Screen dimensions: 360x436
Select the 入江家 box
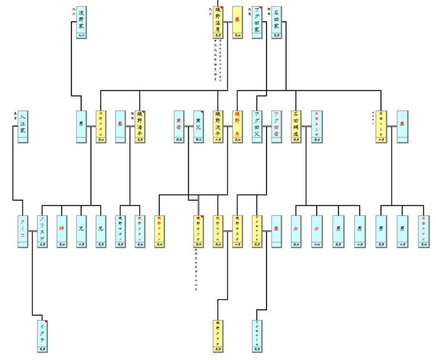(22, 126)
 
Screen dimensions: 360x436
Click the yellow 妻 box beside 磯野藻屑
(237, 23)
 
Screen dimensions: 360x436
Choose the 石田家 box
(276, 23)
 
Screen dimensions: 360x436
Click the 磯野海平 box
(140, 126)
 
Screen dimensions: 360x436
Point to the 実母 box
(179, 126)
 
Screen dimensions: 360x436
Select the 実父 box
(198, 126)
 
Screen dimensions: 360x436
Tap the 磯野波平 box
(219, 126)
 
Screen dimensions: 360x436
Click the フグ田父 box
(257, 126)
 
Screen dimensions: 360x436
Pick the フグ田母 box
(277, 126)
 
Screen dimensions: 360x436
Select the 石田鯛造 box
(296, 126)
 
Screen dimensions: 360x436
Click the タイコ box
(22, 231)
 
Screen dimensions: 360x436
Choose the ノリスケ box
(42, 231)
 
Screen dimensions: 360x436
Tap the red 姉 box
(61, 231)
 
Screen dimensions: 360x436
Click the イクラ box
(42, 335)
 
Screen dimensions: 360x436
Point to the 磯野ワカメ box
(160, 231)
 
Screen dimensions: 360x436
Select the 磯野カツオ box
(199, 231)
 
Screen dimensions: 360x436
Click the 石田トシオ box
(382, 126)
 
